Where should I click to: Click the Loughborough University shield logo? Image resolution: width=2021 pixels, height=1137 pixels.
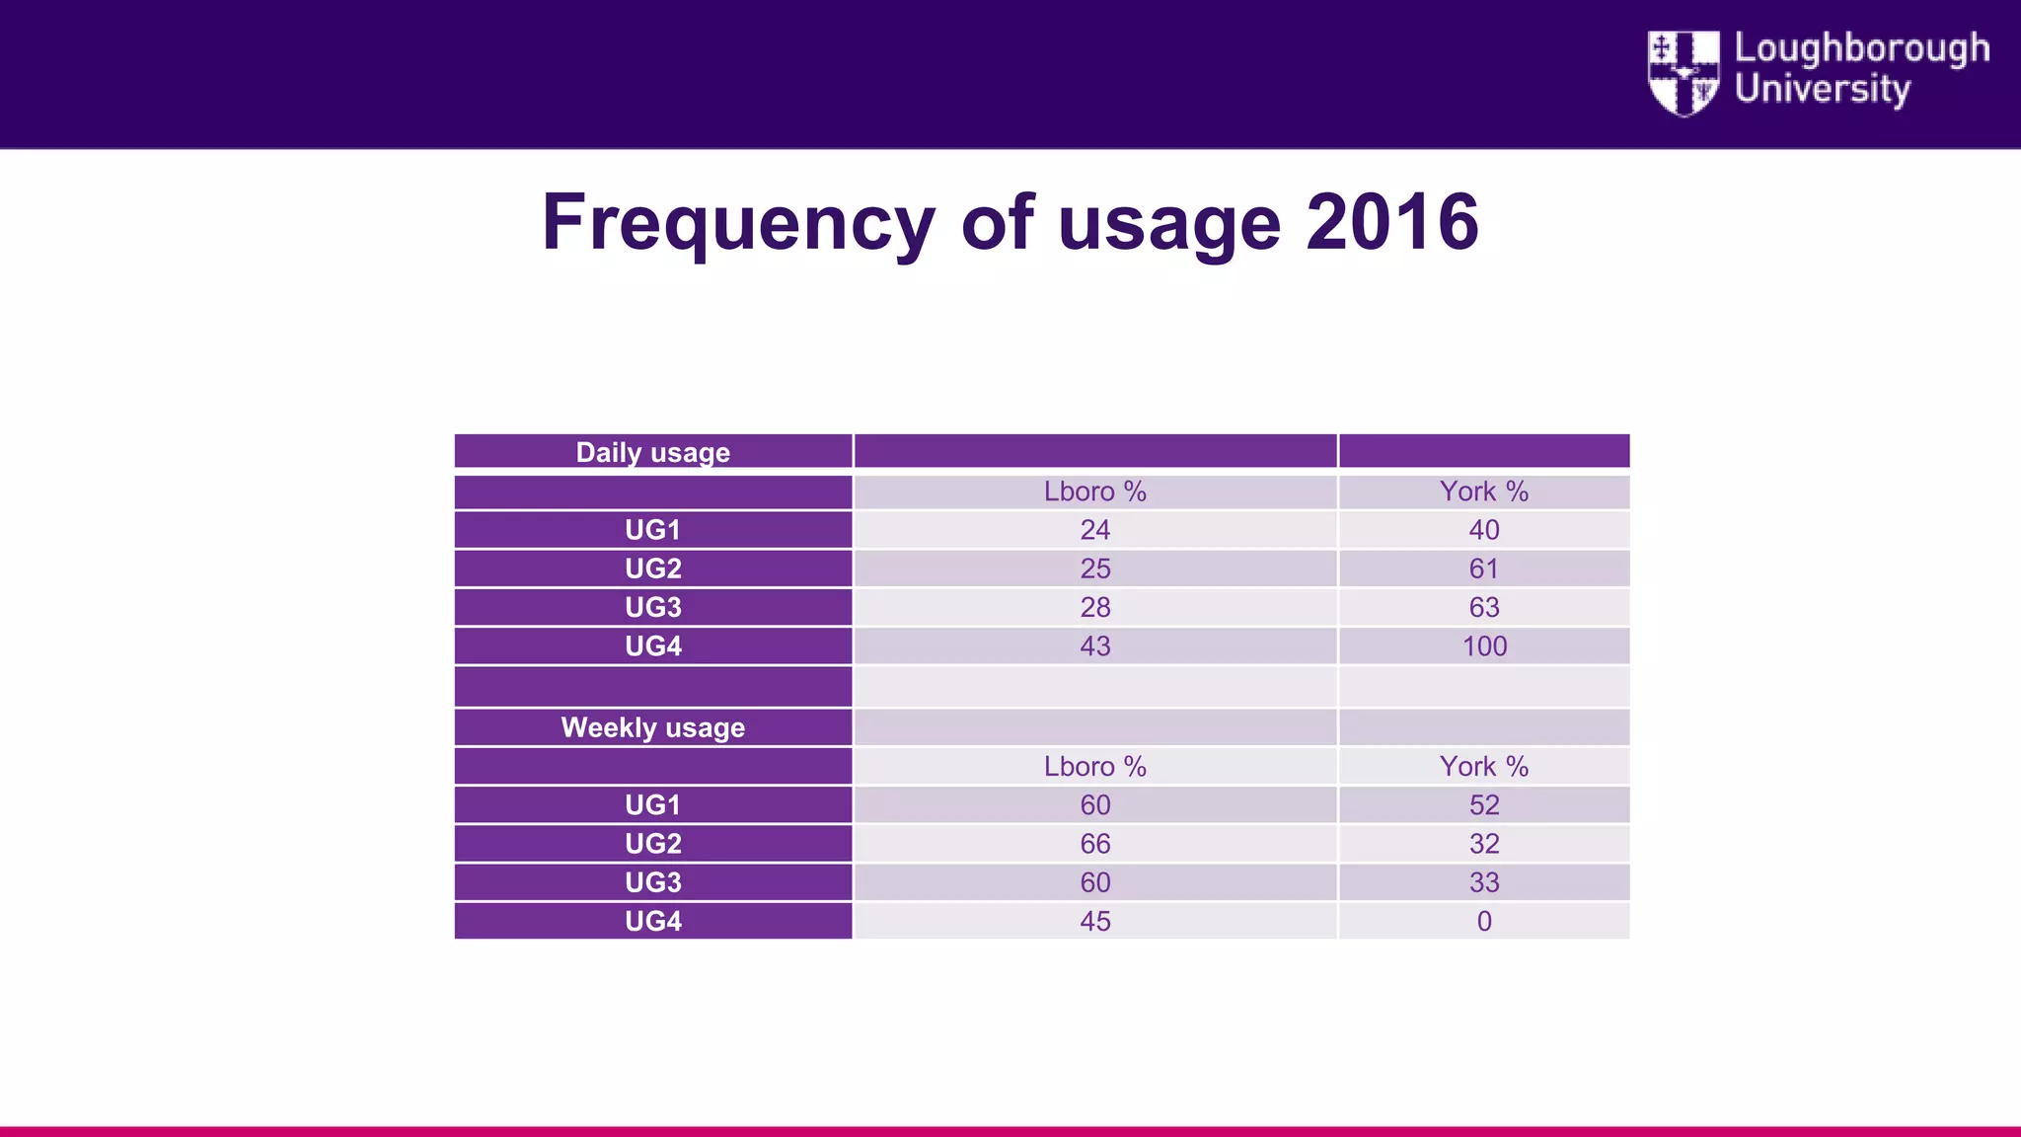pyautogui.click(x=1684, y=73)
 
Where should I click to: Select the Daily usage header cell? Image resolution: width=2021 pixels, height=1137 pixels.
pyautogui.click(x=652, y=452)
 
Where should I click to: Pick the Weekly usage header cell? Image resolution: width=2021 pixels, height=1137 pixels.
pyautogui.click(x=652, y=727)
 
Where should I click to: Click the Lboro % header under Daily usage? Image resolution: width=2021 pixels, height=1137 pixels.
pyautogui.click(x=1094, y=492)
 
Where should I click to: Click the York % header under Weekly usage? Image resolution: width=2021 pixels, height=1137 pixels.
pyautogui.click(x=1483, y=767)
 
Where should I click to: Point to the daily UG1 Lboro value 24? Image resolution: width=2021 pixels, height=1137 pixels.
pyautogui.click(x=1094, y=530)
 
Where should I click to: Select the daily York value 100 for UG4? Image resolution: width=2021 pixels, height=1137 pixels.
pyautogui.click(x=1484, y=646)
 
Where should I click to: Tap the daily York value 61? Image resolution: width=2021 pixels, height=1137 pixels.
pyautogui.click(x=1483, y=568)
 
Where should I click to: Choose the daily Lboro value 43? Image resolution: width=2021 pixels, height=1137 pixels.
pyautogui.click(x=1094, y=646)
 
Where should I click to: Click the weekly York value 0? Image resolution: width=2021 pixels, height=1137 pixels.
pyautogui.click(x=1483, y=921)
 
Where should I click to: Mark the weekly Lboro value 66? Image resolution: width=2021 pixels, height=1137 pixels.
pyautogui.click(x=1094, y=844)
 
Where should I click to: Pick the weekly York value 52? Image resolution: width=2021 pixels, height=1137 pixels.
pyautogui.click(x=1483, y=805)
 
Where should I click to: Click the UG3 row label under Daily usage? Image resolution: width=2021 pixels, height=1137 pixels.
pyautogui.click(x=652, y=607)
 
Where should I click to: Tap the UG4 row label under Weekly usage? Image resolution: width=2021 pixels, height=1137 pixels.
pyautogui.click(x=652, y=921)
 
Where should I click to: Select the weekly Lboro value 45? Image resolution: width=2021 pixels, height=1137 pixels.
pyautogui.click(x=1094, y=921)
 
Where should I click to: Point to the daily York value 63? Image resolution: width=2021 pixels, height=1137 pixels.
pyautogui.click(x=1483, y=607)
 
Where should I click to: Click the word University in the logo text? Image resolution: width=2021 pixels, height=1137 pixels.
pyautogui.click(x=1822, y=89)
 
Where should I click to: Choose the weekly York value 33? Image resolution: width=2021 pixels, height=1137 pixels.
pyautogui.click(x=1483, y=882)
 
